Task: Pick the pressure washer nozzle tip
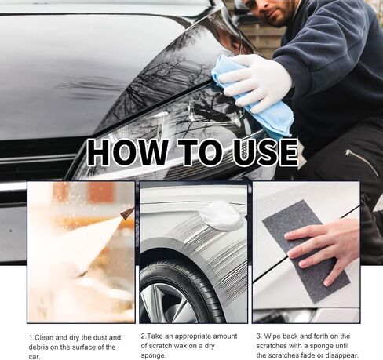click(x=126, y=213)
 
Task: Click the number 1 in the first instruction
click(x=31, y=336)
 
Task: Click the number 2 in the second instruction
click(x=143, y=336)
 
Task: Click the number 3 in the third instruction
click(x=258, y=336)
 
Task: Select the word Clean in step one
click(x=46, y=336)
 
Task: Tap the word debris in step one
click(x=42, y=346)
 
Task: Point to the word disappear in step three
click(x=341, y=355)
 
